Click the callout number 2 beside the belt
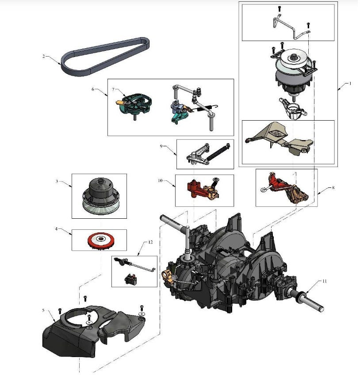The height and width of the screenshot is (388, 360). point(43,56)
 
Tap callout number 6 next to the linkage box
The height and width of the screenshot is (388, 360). point(93,89)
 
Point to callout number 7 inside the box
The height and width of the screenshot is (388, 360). point(113,90)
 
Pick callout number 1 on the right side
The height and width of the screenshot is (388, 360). point(349,83)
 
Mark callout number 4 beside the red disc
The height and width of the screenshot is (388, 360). point(56,228)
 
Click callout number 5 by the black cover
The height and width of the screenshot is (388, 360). point(43,310)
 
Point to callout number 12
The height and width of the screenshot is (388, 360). point(150,242)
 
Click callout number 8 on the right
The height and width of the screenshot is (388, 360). point(333,188)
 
